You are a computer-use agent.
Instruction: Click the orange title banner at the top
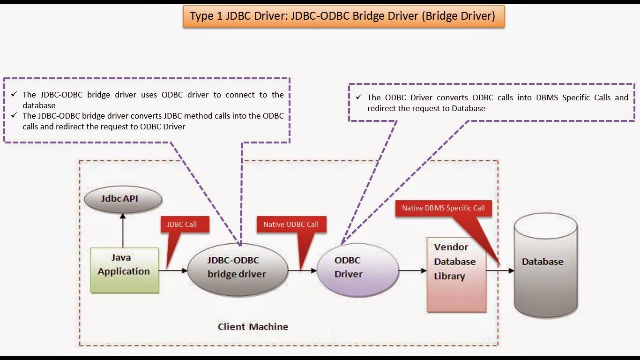tap(343, 16)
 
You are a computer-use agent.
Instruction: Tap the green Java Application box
tap(124, 270)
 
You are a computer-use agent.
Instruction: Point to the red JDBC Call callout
tap(185, 225)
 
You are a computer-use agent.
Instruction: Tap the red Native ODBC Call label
tap(290, 225)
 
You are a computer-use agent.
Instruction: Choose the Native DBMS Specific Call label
tap(443, 208)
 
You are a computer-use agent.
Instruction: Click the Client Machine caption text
tap(253, 327)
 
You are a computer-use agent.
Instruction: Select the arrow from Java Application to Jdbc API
tap(123, 231)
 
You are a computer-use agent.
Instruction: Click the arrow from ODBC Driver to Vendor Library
tap(413, 270)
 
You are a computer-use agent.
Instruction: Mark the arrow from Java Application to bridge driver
tap(173, 270)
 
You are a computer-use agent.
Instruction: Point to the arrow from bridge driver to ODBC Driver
tap(302, 270)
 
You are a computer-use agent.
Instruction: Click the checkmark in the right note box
tap(358, 97)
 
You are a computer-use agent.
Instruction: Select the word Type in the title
tap(200, 16)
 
